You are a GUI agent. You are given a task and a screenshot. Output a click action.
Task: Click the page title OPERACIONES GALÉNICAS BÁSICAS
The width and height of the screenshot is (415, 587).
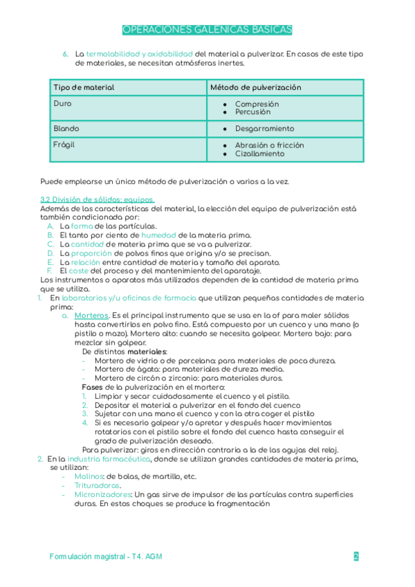pos(207,30)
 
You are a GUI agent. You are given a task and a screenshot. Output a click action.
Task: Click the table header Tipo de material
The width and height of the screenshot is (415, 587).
pos(84,88)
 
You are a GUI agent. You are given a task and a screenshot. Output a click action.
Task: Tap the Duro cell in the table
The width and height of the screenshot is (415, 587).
pos(62,104)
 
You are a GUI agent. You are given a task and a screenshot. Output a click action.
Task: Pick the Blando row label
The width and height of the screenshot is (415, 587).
pos(66,129)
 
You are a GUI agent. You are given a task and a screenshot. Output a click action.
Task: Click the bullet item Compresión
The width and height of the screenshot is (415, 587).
pos(257,105)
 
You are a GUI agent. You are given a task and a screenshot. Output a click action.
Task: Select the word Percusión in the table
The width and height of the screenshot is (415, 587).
pos(253,112)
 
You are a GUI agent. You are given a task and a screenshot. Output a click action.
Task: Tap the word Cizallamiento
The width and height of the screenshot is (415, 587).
pos(259,154)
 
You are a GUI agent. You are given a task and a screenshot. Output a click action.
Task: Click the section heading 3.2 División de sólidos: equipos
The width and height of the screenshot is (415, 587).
pos(98,200)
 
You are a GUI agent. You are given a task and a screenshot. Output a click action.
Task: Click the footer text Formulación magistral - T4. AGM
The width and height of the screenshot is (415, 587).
pos(107,557)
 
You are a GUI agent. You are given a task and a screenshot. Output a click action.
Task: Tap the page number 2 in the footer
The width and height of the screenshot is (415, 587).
pos(356,557)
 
